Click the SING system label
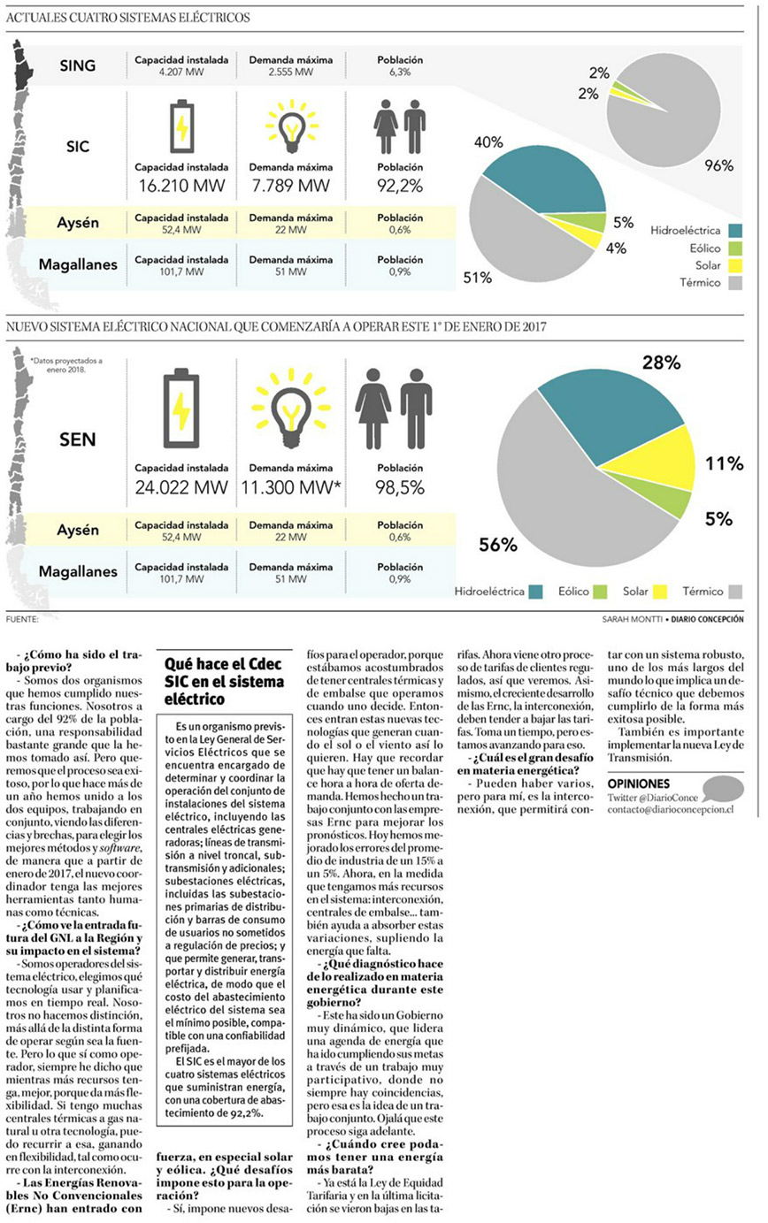point(78,65)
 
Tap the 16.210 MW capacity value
point(181,186)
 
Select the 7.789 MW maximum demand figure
point(290,186)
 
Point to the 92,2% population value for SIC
point(400,186)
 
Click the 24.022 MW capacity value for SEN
point(181,487)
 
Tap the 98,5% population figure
point(400,487)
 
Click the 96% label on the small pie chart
point(718,166)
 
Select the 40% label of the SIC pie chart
point(488,142)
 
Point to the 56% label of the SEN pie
point(497,546)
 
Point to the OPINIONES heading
point(639,783)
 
